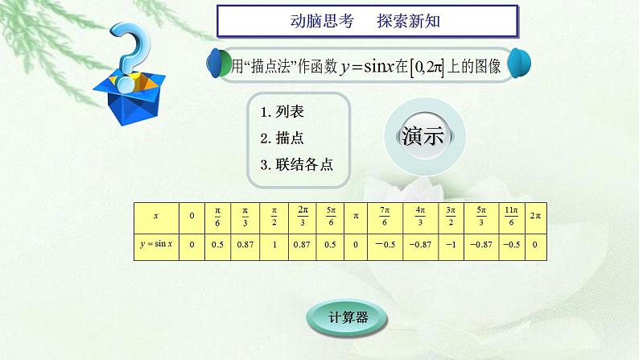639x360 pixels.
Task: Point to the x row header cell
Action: [x=156, y=217]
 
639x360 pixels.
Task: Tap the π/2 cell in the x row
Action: [x=273, y=217]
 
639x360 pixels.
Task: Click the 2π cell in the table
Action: [x=535, y=217]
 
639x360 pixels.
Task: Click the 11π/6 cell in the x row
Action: [x=511, y=217]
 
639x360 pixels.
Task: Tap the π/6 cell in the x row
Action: [x=216, y=217]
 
